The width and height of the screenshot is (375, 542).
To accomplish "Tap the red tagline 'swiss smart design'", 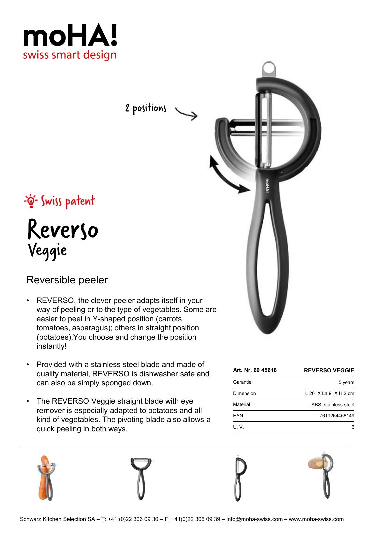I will click(70, 55).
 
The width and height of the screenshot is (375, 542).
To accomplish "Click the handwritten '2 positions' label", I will click(146, 108).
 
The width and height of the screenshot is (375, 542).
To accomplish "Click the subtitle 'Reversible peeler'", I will click(67, 280).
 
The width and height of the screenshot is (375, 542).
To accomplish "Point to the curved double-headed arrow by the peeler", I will click(227, 174).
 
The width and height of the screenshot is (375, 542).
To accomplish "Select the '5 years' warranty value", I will click(346, 382).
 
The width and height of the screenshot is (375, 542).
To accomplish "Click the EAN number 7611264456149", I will click(337, 416).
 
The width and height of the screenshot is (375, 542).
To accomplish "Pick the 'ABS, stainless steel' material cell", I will click(333, 405).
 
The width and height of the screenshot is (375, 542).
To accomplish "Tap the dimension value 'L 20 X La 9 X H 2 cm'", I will click(330, 393).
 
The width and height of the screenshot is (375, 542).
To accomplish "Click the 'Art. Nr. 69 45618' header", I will click(255, 370).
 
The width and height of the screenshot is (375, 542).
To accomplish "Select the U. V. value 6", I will click(353, 427).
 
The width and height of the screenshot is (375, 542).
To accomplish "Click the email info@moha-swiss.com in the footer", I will click(254, 519).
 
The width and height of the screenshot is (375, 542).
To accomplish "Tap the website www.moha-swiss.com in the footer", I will click(316, 519).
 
